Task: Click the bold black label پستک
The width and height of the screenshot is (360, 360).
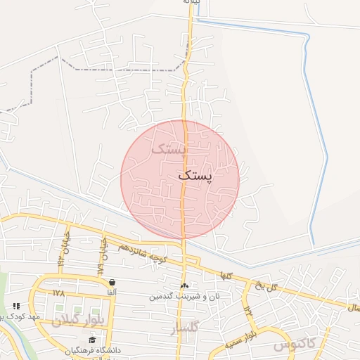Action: point(196,175)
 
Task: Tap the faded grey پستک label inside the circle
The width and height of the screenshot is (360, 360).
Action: point(169,148)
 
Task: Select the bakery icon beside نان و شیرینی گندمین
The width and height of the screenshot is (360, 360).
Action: point(185,285)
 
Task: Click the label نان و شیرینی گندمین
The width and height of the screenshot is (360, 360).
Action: point(184,296)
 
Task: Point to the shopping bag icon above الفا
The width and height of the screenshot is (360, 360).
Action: point(112,283)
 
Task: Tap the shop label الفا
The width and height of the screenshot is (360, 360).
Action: point(112,292)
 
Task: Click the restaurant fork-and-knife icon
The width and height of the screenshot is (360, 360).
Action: point(16,307)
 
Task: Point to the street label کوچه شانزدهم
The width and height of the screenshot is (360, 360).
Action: point(141,252)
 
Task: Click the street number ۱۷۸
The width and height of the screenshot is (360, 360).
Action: point(58,292)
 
